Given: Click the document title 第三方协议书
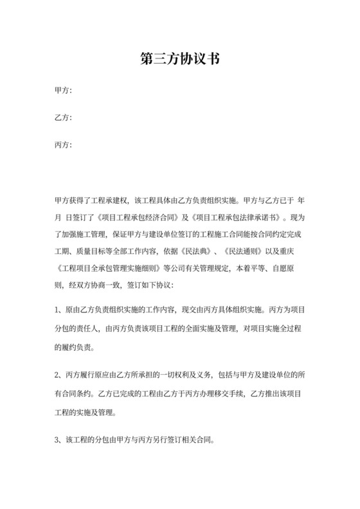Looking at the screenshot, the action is point(180,59).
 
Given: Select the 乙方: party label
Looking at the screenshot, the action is point(63,118).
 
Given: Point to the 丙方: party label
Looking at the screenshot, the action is point(63,145).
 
